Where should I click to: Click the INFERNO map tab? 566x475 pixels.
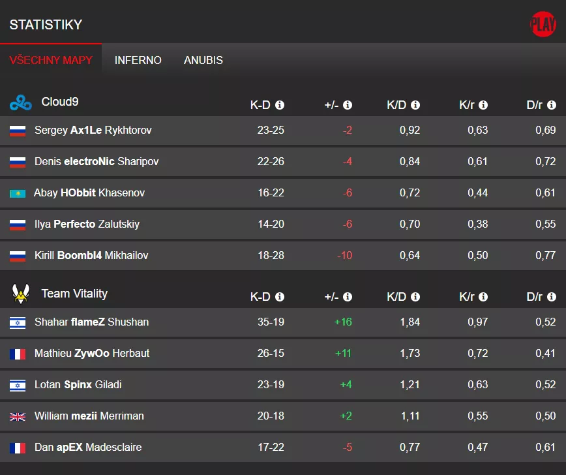tap(138, 60)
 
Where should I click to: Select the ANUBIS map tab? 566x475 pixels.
tap(203, 60)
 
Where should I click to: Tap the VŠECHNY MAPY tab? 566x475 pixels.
tap(51, 60)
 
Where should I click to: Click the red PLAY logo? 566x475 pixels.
tap(543, 25)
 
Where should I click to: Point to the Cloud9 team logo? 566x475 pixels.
tap(20, 102)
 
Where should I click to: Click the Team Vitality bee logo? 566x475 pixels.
tap(21, 294)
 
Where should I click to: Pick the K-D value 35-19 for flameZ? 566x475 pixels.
tap(271, 322)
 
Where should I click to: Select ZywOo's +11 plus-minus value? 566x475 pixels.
tap(343, 353)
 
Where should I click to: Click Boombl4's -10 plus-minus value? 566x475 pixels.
tap(344, 255)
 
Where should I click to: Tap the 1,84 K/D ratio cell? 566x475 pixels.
tap(410, 322)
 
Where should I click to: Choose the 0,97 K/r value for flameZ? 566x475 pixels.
tap(477, 322)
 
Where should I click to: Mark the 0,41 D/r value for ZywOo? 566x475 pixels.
tap(545, 353)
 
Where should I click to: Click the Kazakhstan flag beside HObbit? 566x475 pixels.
tap(18, 193)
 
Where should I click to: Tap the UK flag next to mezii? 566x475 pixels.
tap(18, 416)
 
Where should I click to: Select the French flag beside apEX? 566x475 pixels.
tap(18, 448)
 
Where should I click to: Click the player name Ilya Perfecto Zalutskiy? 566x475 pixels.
tap(87, 224)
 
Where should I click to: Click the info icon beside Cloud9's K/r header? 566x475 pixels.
tap(483, 105)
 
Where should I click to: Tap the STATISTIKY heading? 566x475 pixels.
tap(46, 25)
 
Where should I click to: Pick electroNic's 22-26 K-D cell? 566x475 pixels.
tap(271, 161)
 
